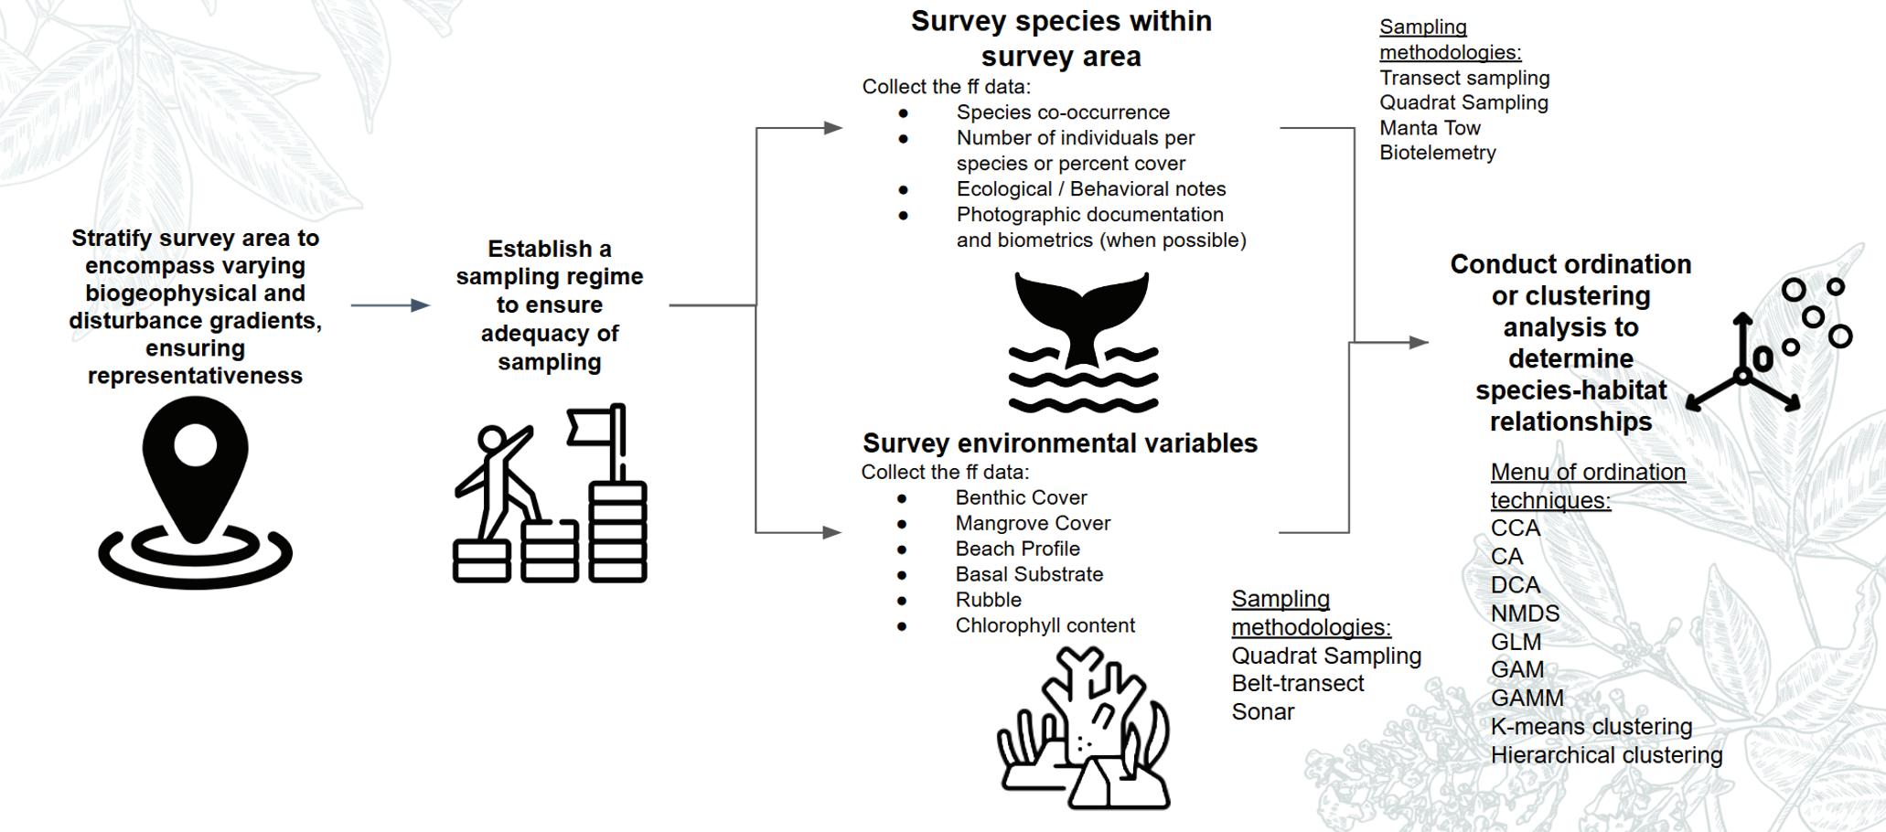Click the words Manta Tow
tap(1430, 128)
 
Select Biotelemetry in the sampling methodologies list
tap(1437, 153)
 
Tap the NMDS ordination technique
tap(1525, 613)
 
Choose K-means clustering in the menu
tap(1591, 727)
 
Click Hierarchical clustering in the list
tap(1606, 755)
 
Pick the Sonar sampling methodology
tap(1262, 711)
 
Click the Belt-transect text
tap(1297, 683)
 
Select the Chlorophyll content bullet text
tap(1045, 625)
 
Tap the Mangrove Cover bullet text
tap(1033, 523)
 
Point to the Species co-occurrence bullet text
tap(1063, 112)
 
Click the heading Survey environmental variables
tap(1060, 443)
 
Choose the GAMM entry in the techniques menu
tap(1527, 699)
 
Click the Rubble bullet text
tap(988, 600)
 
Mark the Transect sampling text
tap(1464, 78)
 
